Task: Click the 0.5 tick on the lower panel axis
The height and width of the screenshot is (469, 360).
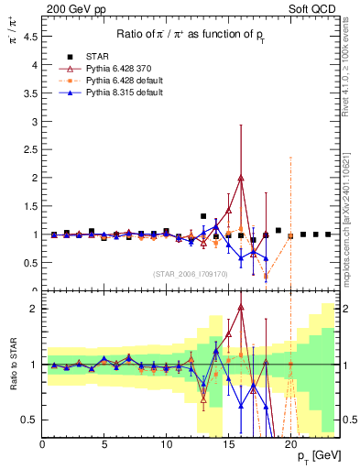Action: click(28, 420)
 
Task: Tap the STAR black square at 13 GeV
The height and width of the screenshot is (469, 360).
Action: click(203, 216)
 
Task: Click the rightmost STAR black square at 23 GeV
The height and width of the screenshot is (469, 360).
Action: click(328, 234)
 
